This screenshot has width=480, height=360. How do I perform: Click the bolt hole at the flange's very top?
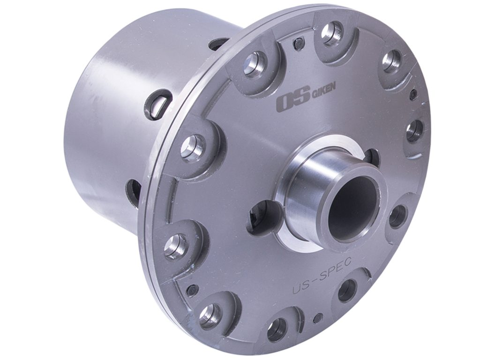[x=332, y=34]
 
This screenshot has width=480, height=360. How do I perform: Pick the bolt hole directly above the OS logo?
[x=255, y=65]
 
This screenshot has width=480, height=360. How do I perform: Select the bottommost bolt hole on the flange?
[x=277, y=330]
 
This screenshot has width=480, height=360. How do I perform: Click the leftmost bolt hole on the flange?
[x=176, y=246]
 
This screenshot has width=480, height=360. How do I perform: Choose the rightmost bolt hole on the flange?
[x=414, y=131]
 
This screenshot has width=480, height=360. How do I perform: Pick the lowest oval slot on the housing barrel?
[x=133, y=193]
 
